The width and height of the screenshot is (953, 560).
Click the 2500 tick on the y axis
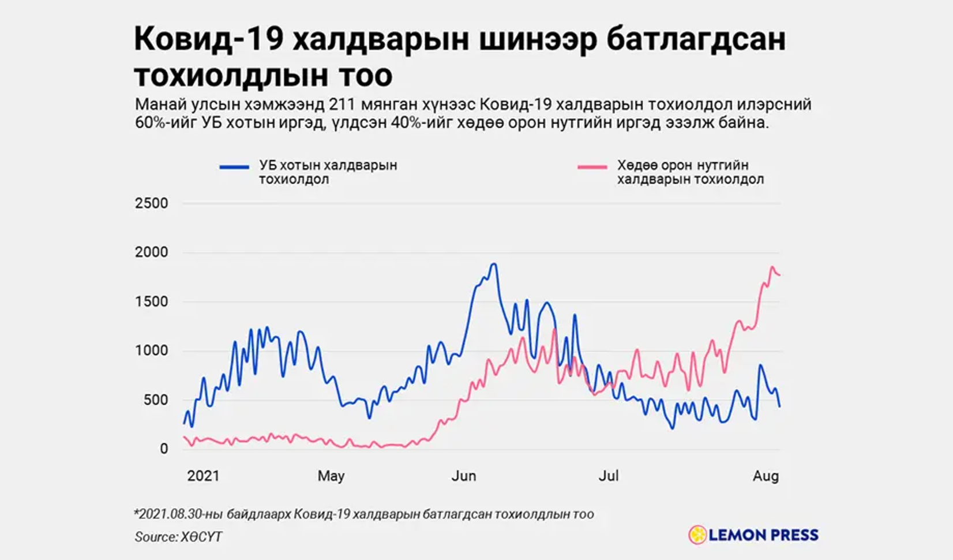[x=151, y=203]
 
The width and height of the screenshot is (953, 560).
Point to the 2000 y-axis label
[x=151, y=252]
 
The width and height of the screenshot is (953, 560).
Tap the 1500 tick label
[x=151, y=301]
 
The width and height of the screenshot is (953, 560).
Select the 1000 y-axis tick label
[x=151, y=350]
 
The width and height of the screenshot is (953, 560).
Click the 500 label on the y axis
[x=156, y=400]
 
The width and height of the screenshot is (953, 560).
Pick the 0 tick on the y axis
[x=164, y=449]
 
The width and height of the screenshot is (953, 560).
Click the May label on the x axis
[x=331, y=476]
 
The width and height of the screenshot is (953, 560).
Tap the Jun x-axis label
[x=463, y=476]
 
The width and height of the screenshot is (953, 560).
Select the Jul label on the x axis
[x=608, y=476]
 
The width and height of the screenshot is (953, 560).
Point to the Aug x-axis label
[x=766, y=476]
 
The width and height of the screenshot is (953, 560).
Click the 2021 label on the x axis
[x=203, y=476]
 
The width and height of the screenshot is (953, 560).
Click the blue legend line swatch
[x=234, y=167]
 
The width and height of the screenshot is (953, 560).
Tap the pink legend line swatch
[x=592, y=167]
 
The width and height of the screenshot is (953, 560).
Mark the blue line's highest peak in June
[x=493, y=264]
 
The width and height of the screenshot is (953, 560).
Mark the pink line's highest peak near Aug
[x=772, y=267]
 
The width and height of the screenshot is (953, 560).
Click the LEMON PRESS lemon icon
[x=697, y=535]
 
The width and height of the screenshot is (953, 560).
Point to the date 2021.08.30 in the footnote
[x=168, y=514]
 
